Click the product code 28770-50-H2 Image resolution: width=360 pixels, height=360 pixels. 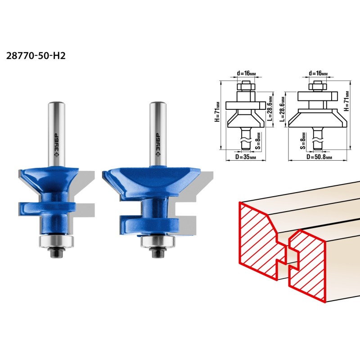pyautogui.click(x=36, y=56)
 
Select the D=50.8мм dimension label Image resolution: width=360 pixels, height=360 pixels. pyautogui.click(x=319, y=157)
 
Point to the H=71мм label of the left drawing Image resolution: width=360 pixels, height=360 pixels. pyautogui.click(x=217, y=112)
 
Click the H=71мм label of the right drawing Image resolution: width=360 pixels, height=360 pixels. pyautogui.click(x=346, y=101)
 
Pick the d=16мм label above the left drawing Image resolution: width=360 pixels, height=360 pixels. pyautogui.click(x=246, y=73)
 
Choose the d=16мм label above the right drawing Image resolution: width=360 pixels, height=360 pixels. pyautogui.click(x=318, y=73)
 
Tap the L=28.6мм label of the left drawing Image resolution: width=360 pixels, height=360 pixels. pyautogui.click(x=270, y=108)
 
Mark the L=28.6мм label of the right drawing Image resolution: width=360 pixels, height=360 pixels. pyautogui.click(x=283, y=109)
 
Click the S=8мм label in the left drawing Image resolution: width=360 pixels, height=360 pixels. pyautogui.click(x=259, y=141)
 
